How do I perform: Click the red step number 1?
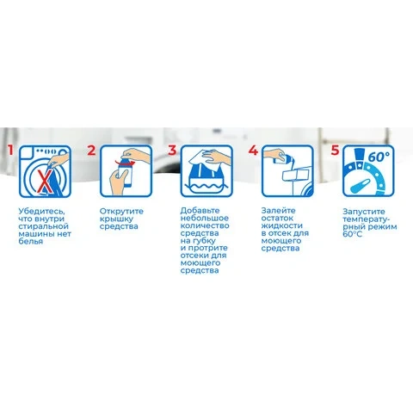coord(10,151)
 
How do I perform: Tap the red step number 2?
coord(91,151)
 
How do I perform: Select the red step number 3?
coord(172,151)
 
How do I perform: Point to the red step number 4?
coord(253,151)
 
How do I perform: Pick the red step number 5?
coord(335,151)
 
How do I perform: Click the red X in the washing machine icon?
coord(44,182)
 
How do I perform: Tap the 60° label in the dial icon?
coord(379,157)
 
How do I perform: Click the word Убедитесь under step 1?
coord(42,212)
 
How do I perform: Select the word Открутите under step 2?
coord(121,212)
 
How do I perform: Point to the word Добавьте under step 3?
coord(200,211)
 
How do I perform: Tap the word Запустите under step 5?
coord(364,212)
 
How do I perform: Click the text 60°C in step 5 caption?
coord(353,234)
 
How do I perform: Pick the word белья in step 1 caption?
coord(31,242)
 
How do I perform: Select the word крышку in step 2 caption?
coord(116,219)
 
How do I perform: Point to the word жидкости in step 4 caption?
coord(282,225)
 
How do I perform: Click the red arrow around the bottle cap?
coord(125,163)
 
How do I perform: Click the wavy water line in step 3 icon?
coord(206,188)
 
